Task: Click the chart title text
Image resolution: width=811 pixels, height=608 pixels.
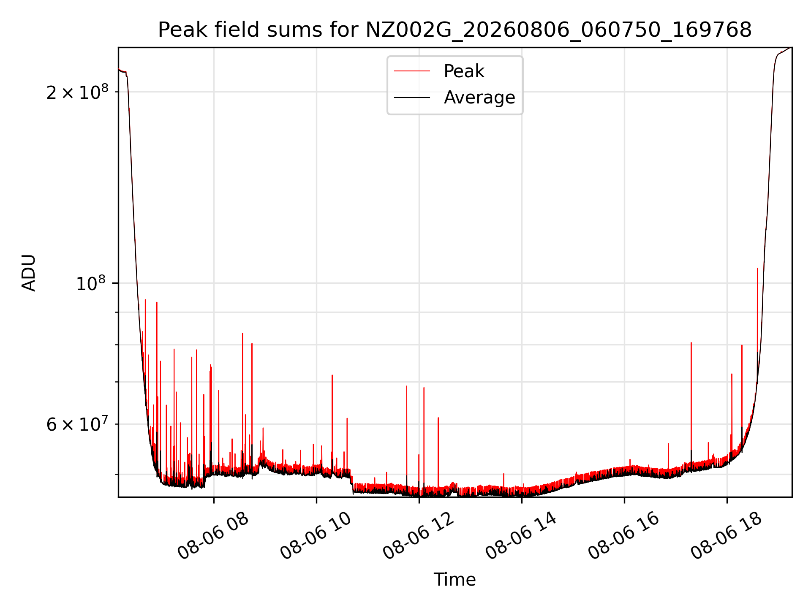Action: coord(454,30)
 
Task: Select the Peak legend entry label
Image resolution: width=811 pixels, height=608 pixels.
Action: coord(464,71)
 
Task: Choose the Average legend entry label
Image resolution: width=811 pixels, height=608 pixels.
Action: coord(479,98)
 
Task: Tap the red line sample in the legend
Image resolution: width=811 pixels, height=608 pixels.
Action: coord(412,71)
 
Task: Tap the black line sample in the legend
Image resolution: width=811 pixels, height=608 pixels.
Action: coord(412,98)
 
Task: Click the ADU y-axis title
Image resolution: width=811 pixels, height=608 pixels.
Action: coord(29,272)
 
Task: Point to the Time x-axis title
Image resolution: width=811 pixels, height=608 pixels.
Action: coord(454,579)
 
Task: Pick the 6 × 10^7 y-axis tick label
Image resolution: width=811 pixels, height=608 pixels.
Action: coord(77,424)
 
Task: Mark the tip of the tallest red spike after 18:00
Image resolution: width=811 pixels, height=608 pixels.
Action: coord(757,268)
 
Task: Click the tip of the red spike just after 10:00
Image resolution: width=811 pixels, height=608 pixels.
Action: coord(332,375)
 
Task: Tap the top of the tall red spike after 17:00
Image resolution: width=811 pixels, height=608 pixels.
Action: coord(691,342)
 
